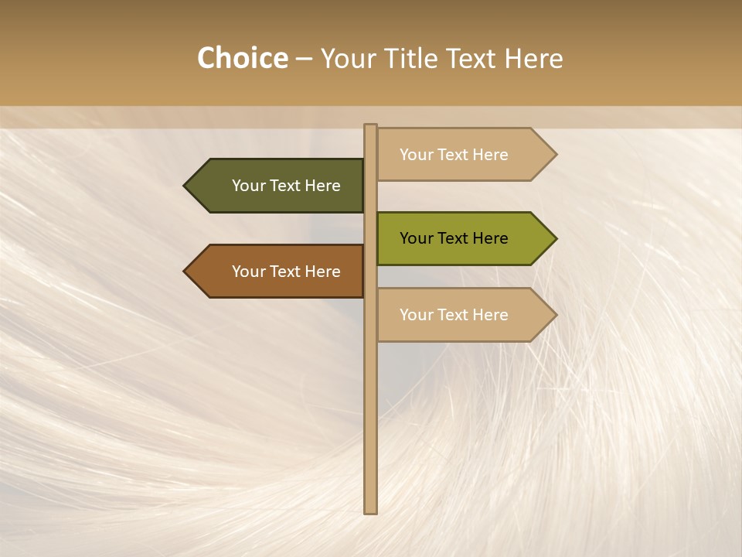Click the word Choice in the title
(x=242, y=59)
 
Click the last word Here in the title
(x=533, y=59)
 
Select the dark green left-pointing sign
(x=278, y=186)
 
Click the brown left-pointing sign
(x=278, y=272)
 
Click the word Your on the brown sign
(x=248, y=272)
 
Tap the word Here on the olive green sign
(x=490, y=238)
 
